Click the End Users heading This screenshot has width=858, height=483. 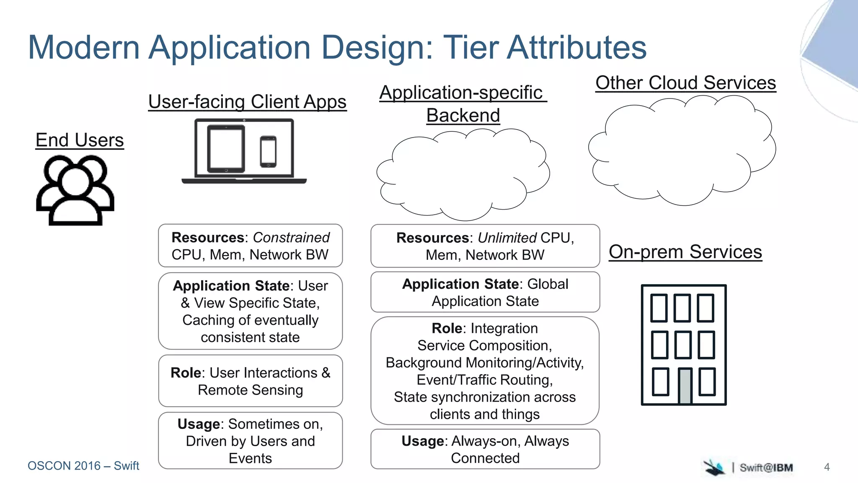(80, 140)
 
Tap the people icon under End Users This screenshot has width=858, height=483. (75, 191)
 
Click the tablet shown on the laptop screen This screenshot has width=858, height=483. (226, 149)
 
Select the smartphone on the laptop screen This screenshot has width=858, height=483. (268, 151)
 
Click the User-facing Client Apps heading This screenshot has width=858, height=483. (247, 102)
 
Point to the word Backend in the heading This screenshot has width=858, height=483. (463, 115)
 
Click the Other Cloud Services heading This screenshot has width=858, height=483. (685, 83)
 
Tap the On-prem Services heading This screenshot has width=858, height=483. (685, 252)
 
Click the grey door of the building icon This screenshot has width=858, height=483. (685, 386)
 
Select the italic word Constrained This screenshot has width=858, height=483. (291, 238)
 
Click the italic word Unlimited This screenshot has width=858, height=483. (507, 238)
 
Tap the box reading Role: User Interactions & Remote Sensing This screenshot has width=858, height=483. (250, 381)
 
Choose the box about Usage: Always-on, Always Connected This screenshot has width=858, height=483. (485, 449)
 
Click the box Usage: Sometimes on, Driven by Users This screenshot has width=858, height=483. (250, 441)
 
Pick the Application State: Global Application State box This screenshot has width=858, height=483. (485, 292)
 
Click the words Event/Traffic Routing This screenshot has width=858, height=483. (485, 380)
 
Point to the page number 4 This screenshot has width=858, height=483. (827, 467)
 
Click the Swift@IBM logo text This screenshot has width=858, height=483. (766, 467)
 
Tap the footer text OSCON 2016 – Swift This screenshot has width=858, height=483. (83, 466)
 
